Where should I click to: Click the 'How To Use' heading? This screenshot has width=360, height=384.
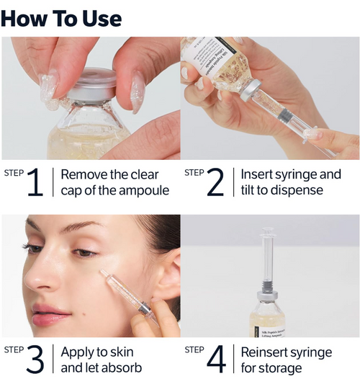coord(61,17)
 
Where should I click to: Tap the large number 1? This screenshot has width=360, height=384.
coord(35,183)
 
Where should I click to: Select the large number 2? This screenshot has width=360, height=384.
coord(215,183)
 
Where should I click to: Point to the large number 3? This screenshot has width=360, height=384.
coord(35,360)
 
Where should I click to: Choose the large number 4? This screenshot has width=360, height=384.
coord(215,360)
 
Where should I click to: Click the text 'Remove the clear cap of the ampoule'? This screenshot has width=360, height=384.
coord(115,182)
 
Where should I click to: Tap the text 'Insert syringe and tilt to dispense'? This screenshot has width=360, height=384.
coord(291,182)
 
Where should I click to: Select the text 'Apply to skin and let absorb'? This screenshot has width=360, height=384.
coord(102,360)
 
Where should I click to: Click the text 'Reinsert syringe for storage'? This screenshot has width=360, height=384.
coord(286,360)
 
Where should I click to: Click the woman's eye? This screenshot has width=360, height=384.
coord(84,252)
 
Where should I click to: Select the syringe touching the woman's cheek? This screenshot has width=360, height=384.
coord(126,295)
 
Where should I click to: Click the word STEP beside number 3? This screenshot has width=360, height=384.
coord(14,349)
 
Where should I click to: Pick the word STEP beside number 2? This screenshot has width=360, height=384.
coord(194,172)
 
